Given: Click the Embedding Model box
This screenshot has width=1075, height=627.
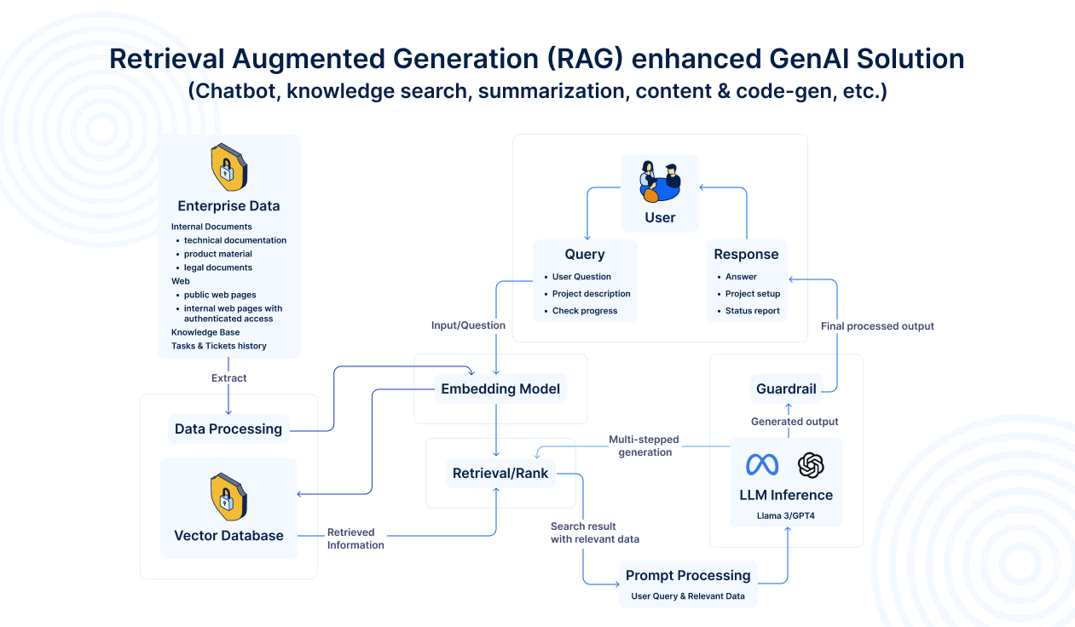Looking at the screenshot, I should point(500,389).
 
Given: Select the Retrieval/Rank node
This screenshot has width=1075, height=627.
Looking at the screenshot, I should point(500,473).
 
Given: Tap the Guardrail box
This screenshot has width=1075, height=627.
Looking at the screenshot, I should point(786,389).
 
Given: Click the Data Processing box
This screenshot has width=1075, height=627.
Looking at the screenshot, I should point(228,429).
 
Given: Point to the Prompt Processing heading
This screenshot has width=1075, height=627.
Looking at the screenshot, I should point(688,575).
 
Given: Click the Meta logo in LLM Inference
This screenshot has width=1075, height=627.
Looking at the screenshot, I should point(762,464).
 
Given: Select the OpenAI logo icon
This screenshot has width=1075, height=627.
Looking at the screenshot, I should point(811,464).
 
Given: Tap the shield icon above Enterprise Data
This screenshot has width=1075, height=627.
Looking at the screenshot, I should point(228,167).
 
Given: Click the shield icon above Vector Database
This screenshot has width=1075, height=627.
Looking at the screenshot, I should point(228,498).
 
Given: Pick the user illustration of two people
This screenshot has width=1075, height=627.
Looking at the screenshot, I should point(660,181).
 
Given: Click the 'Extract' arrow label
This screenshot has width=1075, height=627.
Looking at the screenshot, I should point(228,377).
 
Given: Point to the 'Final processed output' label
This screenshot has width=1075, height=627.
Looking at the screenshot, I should point(877,326).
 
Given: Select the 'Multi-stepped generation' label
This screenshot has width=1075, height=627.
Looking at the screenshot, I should point(644,446).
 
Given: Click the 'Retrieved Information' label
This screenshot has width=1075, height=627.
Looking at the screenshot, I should point(355,538).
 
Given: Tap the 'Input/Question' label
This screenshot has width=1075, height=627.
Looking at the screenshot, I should point(468,325).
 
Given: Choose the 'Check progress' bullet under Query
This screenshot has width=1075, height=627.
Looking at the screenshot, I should point(585,311).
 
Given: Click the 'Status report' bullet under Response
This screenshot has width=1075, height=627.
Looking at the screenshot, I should point(753,311).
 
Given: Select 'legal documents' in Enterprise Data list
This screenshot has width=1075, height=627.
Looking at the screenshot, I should point(218,267).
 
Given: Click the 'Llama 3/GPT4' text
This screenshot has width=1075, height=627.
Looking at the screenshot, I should point(786,515).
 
